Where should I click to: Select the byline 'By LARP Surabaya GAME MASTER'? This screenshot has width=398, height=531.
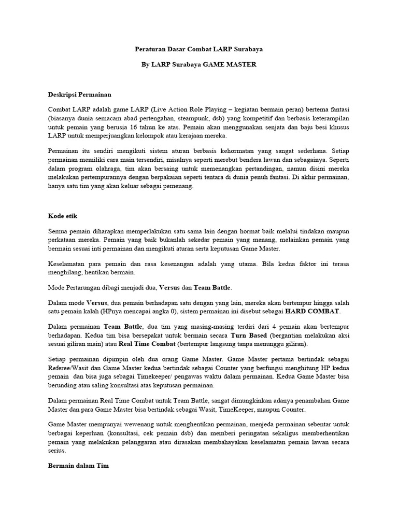[x=198, y=65]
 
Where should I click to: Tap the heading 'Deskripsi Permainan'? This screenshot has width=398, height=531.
[x=79, y=95]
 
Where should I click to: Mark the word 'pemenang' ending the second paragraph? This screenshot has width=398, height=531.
[x=177, y=187]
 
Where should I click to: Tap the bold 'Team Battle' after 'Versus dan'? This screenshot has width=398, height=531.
[x=212, y=287]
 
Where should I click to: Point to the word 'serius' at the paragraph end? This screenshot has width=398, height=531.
[x=57, y=451]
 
